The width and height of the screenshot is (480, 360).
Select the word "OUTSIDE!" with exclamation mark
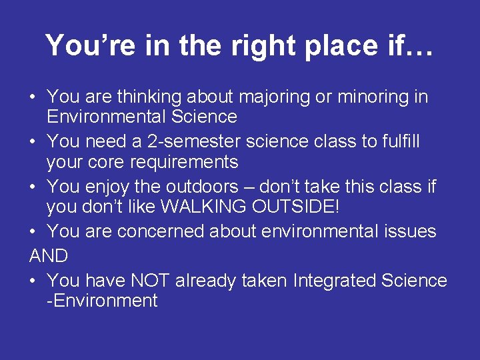pos(296,207)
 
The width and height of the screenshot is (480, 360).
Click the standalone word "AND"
pos(49,257)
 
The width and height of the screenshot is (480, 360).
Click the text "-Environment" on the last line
pos(102,301)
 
